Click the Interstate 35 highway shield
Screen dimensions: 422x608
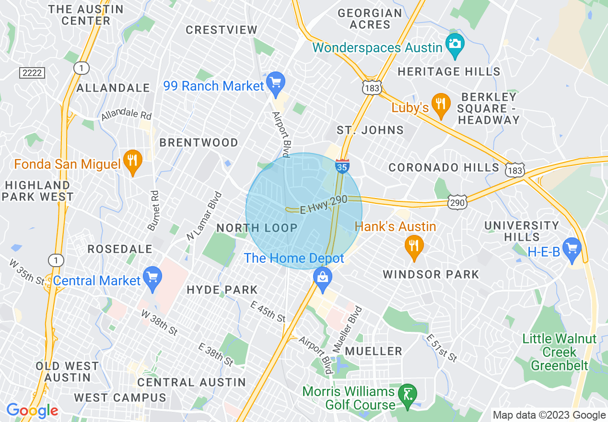(x=342, y=165)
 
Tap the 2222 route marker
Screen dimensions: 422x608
(x=32, y=73)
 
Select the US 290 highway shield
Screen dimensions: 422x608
(x=457, y=203)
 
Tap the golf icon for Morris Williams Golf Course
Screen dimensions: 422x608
(x=408, y=395)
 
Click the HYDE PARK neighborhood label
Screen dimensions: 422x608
(x=222, y=290)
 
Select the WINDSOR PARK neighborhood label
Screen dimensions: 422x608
(x=431, y=274)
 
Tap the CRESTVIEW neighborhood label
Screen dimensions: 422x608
(x=222, y=30)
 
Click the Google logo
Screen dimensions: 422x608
(x=32, y=410)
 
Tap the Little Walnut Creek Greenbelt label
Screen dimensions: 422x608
(x=559, y=352)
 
